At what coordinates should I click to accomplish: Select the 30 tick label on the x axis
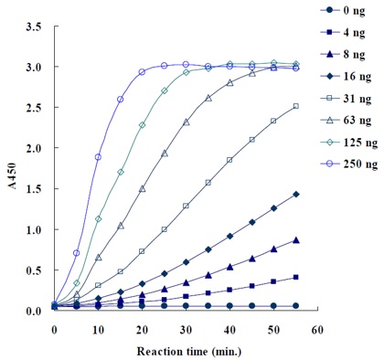point(186,327)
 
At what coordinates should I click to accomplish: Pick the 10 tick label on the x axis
point(98,327)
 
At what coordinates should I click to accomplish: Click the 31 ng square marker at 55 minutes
point(295,106)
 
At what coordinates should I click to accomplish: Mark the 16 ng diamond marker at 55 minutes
point(295,195)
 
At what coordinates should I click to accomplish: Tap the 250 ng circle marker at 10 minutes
point(98,157)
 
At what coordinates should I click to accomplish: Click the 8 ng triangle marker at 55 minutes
point(295,240)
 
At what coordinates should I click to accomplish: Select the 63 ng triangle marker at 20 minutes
point(142,189)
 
